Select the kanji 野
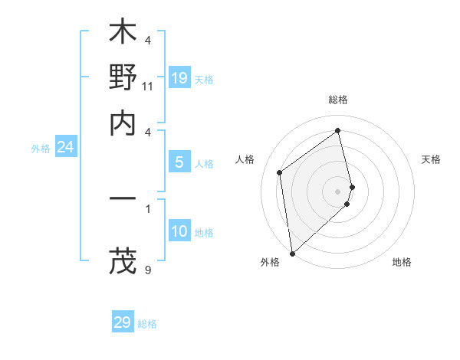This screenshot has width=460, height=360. click(x=123, y=77)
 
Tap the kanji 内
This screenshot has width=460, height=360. click(x=123, y=123)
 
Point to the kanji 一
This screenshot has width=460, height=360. click(x=123, y=200)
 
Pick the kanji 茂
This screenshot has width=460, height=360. click(x=123, y=261)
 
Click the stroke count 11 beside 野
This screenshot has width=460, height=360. click(x=148, y=86)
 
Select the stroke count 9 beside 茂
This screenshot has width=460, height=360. click(x=148, y=270)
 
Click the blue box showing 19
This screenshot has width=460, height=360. click(x=179, y=77)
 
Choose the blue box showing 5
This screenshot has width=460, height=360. click(x=179, y=162)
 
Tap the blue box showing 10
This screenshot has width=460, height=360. click(x=179, y=231)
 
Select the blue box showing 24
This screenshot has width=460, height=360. click(x=65, y=147)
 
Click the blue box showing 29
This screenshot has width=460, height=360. click(x=123, y=322)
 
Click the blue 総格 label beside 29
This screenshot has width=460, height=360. click(x=147, y=324)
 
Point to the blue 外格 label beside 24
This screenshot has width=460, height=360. click(x=41, y=149)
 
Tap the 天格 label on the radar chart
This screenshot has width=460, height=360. click(x=431, y=159)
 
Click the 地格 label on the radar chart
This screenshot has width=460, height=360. click(x=402, y=262)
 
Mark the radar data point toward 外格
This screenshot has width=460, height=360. click(x=292, y=253)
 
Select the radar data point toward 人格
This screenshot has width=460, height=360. click(x=280, y=172)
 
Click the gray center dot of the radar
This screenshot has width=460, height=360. click(x=338, y=191)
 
